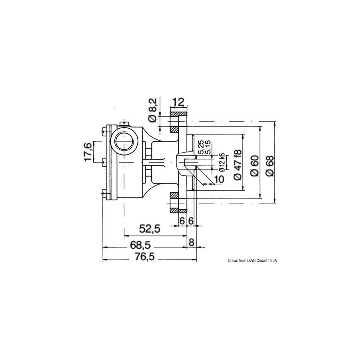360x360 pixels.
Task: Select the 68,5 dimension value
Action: pos(140,246)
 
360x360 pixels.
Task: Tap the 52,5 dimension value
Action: pos(150,229)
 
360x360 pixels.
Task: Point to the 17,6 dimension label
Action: pos(88,152)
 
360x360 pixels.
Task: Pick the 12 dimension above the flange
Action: pos(178,102)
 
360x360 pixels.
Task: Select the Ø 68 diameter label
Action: pos(270,166)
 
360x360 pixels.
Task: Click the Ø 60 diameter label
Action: pos(255,166)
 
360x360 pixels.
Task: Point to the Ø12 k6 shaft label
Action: pos(222,162)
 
